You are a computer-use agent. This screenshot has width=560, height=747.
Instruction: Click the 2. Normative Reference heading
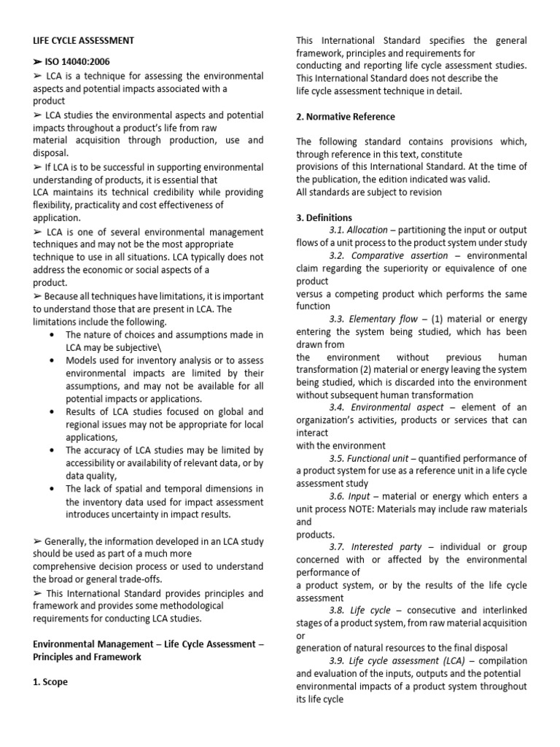click(x=346, y=117)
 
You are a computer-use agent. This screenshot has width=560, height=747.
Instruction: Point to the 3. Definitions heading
click(x=324, y=217)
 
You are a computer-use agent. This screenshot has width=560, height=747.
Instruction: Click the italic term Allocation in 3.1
click(x=367, y=231)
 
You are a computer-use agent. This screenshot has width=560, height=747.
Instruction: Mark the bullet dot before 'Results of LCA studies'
click(x=50, y=411)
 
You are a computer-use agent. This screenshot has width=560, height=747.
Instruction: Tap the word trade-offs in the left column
click(x=139, y=578)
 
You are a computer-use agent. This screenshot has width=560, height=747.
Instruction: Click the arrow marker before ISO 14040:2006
click(x=38, y=62)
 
